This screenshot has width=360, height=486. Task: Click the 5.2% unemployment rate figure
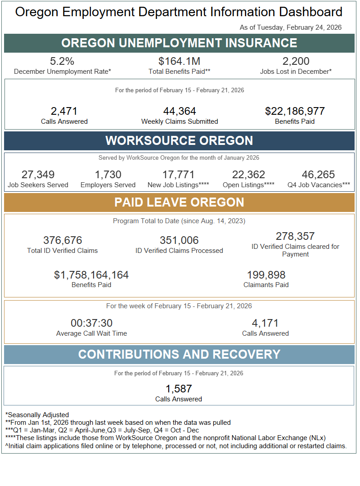coord(63,62)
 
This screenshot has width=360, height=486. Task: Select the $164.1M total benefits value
coord(180,62)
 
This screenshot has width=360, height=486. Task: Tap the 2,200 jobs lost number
coord(296,62)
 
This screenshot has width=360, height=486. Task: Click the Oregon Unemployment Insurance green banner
coord(180,43)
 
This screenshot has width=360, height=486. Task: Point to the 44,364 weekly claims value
coord(180,111)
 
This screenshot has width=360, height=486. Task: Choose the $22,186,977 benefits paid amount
coord(295,111)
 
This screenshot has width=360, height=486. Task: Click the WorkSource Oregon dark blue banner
coord(180,140)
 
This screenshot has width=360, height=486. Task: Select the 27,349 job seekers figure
coord(38,175)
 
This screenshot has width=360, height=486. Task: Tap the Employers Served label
coord(108,185)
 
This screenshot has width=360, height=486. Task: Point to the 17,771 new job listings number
coord(178,175)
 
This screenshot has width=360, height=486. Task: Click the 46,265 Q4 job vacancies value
coord(319,175)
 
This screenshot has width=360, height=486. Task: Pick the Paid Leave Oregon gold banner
coord(180,202)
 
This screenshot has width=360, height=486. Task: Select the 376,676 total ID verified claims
coord(63,240)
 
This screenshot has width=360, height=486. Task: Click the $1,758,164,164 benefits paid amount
coord(91,275)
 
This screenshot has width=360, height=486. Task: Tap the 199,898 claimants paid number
coord(266,275)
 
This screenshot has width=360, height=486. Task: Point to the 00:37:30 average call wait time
coord(91,323)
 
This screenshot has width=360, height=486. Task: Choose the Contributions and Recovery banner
coord(180,355)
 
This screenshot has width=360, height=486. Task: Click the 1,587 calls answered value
coord(179,389)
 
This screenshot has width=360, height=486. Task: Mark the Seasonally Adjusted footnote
coord(37,415)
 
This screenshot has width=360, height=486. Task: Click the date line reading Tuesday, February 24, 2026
coord(291,27)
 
